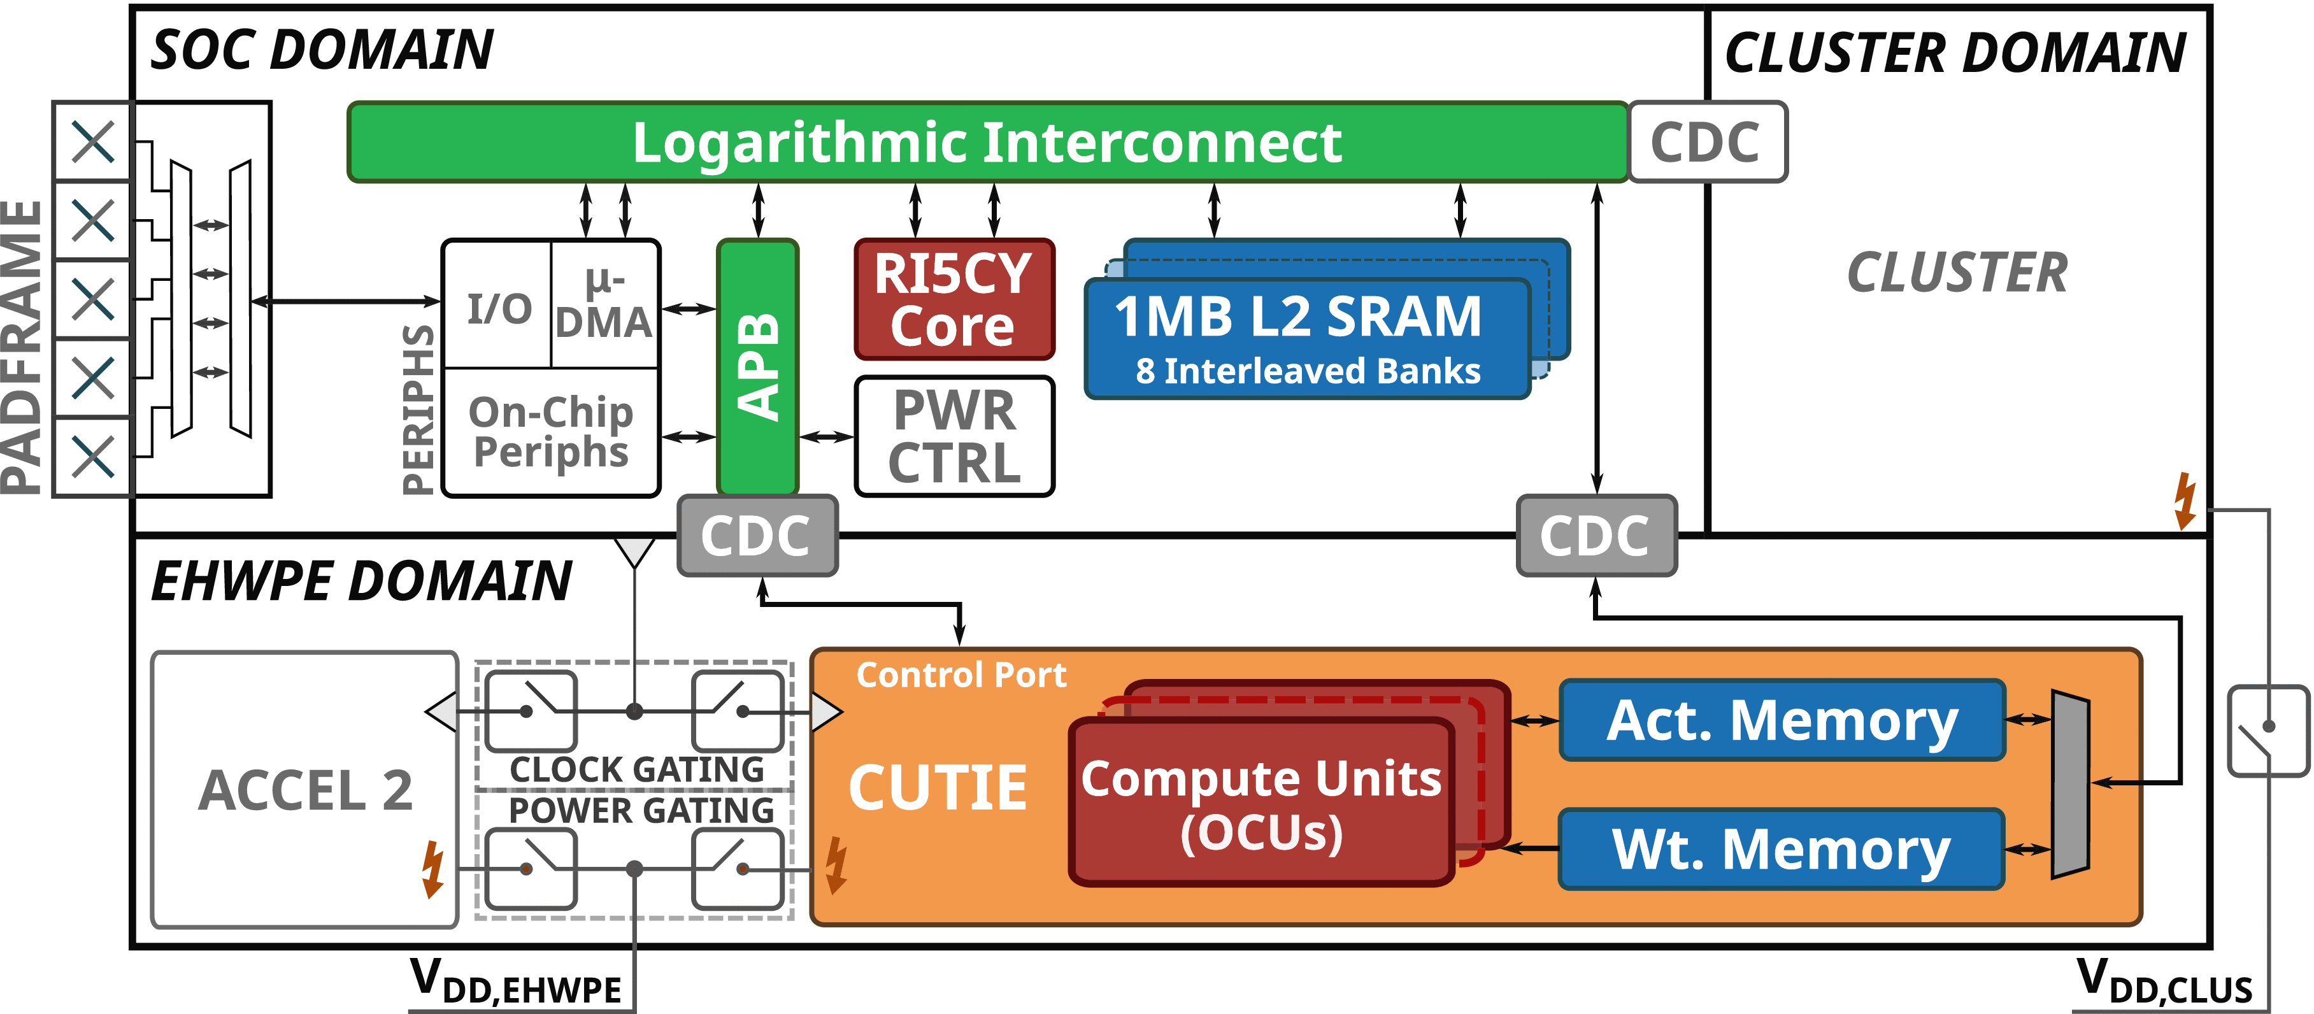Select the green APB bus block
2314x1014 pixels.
[757, 366]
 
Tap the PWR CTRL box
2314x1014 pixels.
[954, 436]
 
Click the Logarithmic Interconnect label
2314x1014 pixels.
[987, 142]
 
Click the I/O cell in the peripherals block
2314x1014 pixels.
[499, 306]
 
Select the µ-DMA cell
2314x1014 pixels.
[604, 304]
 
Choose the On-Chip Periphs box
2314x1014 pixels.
[552, 432]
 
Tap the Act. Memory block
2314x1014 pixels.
[1782, 720]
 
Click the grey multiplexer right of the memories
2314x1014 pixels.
[2069, 784]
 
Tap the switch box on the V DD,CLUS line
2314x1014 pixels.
[2268, 730]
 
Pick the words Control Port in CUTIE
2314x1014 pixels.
[961, 675]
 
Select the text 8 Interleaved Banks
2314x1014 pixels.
[1307, 371]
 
